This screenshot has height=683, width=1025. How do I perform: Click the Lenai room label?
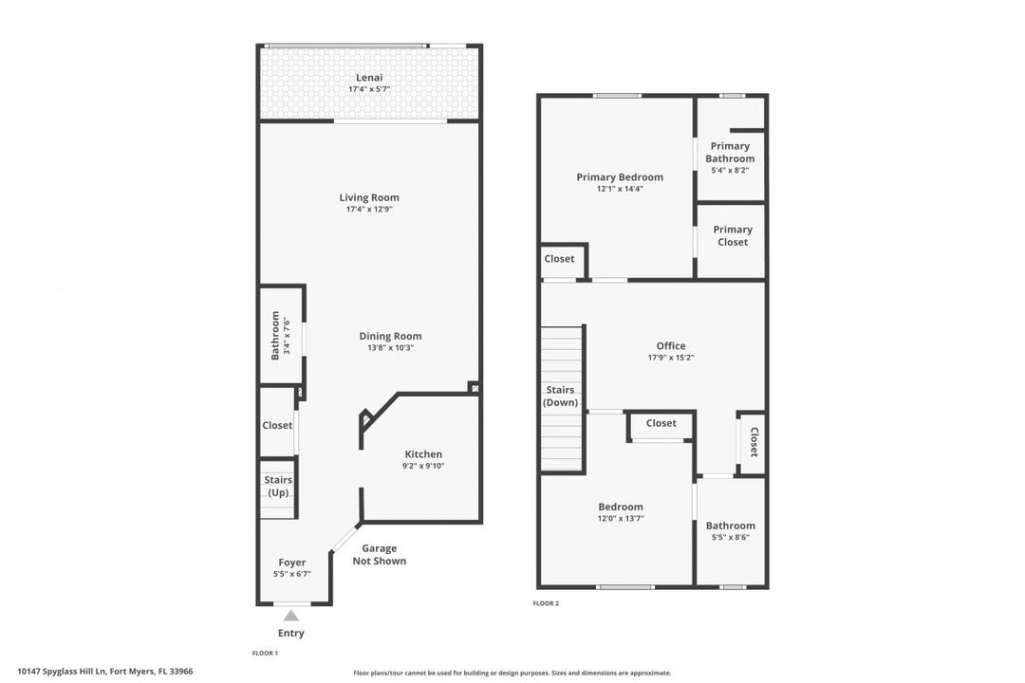[x=369, y=77]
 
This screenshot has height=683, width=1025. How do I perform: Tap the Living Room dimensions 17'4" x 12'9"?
[x=369, y=209]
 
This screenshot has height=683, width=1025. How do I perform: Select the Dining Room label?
[x=390, y=336]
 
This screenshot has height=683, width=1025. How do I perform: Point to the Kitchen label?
[x=423, y=454]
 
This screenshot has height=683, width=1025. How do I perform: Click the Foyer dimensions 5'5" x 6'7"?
[x=291, y=574]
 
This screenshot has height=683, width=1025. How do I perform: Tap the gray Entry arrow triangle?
[x=291, y=616]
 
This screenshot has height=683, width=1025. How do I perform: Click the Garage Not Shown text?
[x=379, y=554]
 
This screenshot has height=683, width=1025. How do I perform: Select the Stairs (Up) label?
[x=278, y=487]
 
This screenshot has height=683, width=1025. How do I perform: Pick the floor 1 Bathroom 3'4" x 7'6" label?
[x=279, y=335]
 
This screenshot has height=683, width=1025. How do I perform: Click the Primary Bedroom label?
[x=620, y=176]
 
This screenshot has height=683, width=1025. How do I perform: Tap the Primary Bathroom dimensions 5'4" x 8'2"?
[x=730, y=170]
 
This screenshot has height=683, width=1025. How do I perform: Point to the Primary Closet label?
[x=732, y=235]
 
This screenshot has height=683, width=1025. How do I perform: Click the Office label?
[x=671, y=345]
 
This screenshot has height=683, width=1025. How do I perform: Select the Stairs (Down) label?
[x=560, y=397]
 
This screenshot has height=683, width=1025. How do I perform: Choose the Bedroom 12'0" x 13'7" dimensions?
[x=621, y=518]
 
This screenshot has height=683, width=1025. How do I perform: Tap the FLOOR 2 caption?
[x=546, y=603]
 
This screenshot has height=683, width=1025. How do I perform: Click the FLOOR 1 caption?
[x=266, y=653]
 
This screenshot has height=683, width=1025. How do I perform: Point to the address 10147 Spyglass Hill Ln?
[x=62, y=671]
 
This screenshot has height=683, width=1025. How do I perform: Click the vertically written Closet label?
[x=753, y=442]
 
